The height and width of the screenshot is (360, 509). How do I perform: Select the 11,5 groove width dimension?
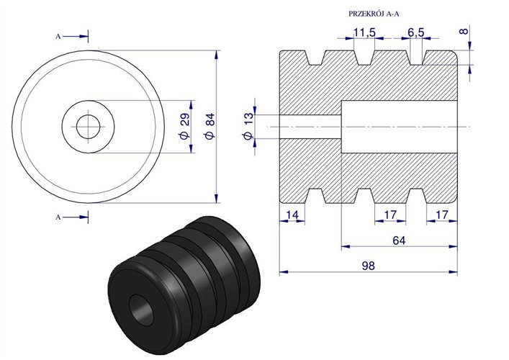click(365, 33)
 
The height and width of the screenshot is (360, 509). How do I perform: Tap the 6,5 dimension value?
click(415, 33)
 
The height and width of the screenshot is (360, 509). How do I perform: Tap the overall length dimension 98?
click(368, 265)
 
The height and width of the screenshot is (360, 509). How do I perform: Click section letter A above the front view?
click(58, 35)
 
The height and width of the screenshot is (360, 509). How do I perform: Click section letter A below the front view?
click(58, 215)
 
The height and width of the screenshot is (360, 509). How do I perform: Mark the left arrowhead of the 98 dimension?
click(281, 273)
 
